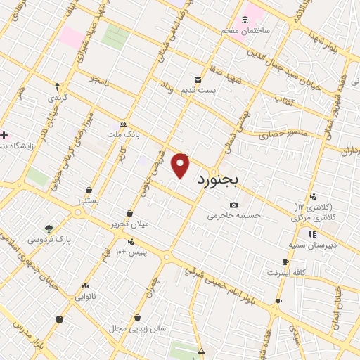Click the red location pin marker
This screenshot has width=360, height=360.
coord(181,166)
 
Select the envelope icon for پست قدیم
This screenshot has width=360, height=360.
coord(198,79)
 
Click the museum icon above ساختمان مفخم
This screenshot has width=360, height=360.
coord(245,19)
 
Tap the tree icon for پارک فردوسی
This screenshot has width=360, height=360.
coord(49,229)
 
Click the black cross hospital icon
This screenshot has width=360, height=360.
coord(4,135)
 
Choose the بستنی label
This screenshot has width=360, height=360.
coord(89,200)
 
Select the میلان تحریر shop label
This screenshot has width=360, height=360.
coord(131,224)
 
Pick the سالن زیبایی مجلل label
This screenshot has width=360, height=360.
coord(137,328)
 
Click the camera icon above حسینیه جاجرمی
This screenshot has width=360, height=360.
coord(233,205)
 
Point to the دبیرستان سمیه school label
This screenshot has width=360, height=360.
coord(312,244)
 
